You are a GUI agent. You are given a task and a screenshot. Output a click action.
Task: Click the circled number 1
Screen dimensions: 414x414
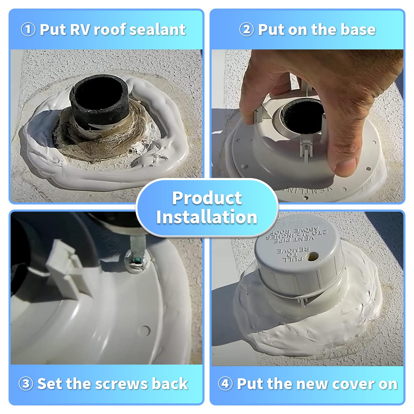pyautogui.click(x=28, y=29)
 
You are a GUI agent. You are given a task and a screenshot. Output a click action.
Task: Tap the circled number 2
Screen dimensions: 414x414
pyautogui.click(x=247, y=29)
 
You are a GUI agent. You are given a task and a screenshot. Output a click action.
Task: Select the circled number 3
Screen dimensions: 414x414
pyautogui.click(x=26, y=383)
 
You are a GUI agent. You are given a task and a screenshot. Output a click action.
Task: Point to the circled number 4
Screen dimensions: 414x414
pyautogui.click(x=225, y=383)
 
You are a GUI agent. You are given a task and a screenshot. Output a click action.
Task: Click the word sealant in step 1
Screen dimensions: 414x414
pyautogui.click(x=157, y=29)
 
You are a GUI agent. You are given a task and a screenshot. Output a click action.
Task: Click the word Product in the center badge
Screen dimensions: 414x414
pyautogui.click(x=207, y=198)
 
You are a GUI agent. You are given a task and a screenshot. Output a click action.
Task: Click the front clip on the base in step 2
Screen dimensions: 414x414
pyautogui.click(x=305, y=150)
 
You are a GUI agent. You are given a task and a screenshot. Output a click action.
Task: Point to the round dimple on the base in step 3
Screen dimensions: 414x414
pyautogui.click(x=146, y=330)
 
